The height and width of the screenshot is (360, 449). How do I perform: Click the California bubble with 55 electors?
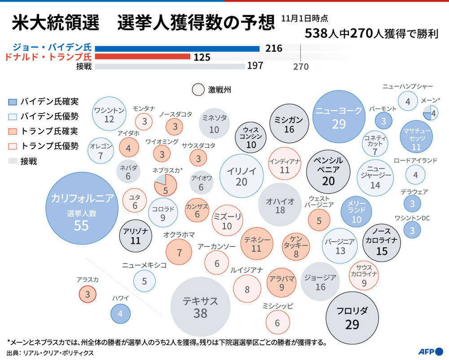[x=81, y=211]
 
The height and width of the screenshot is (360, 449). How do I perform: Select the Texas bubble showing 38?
[x=200, y=307]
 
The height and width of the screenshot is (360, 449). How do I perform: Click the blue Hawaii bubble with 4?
[x=120, y=314]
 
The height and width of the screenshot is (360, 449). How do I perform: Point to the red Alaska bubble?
[x=88, y=294]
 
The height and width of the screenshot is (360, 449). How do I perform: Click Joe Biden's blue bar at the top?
[x=177, y=48]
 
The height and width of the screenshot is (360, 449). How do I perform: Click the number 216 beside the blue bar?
[x=274, y=48]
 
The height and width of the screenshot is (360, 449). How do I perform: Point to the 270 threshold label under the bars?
[x=301, y=66]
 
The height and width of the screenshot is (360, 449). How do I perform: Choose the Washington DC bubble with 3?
[x=412, y=229]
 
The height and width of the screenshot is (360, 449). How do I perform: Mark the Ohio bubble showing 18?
[x=280, y=204]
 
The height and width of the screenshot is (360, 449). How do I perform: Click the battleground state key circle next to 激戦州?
[x=198, y=90]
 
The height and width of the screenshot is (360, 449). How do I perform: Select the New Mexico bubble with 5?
[x=145, y=281]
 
